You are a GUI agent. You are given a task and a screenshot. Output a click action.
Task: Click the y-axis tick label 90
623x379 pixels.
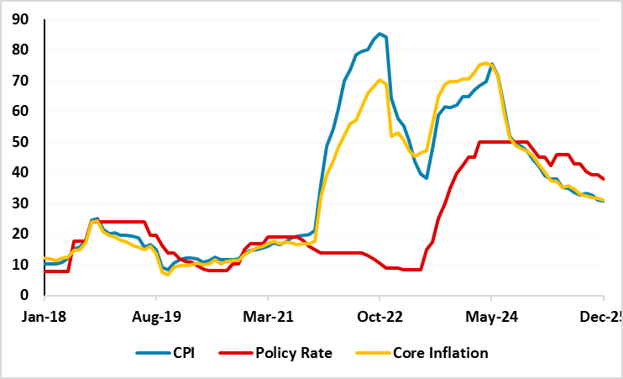[x=21, y=19]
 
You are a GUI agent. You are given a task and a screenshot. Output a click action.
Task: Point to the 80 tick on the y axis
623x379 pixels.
[x=21, y=50]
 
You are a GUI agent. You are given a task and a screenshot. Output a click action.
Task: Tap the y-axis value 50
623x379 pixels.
[x=21, y=142]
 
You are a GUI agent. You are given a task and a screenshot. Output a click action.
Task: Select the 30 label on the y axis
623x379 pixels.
[x=21, y=203]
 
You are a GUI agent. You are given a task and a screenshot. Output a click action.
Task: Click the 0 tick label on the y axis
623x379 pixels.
[x=25, y=296]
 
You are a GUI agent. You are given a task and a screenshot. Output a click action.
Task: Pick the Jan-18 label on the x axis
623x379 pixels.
[x=44, y=318]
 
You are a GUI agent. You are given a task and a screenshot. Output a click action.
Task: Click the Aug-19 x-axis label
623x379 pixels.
[x=155, y=318]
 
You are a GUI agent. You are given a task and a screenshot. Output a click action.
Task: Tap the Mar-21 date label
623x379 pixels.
[x=267, y=318]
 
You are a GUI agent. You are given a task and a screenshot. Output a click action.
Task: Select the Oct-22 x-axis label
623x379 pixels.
[x=379, y=318]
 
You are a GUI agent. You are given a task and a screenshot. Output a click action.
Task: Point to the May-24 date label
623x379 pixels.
[x=490, y=318]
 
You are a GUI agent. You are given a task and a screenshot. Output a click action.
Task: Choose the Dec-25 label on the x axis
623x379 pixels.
[x=601, y=318]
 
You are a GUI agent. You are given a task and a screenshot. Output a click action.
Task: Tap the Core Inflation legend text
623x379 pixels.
[x=440, y=353]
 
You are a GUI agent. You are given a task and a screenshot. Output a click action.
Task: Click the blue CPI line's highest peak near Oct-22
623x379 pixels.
[x=380, y=34]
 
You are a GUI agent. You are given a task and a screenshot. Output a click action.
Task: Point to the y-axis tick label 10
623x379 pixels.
[x=21, y=265]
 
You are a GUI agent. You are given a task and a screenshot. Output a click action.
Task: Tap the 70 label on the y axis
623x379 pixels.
[x=21, y=81]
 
